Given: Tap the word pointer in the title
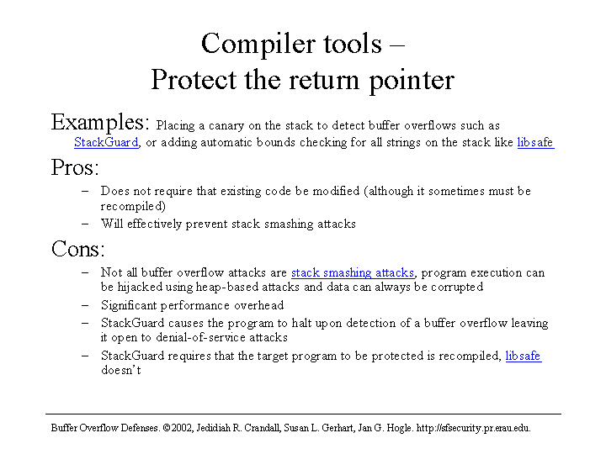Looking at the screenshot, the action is (x=412, y=81).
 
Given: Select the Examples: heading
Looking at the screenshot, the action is (x=100, y=123).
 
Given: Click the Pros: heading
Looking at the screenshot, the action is (x=75, y=168).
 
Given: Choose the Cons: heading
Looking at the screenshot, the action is (x=78, y=249).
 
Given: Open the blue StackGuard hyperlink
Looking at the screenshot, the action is (x=106, y=142).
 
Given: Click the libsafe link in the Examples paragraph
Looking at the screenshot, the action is (x=535, y=142).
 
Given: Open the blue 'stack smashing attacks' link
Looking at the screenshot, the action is (x=353, y=272).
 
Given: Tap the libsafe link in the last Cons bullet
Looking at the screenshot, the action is (x=524, y=356).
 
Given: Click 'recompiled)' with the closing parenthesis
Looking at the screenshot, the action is (x=133, y=206).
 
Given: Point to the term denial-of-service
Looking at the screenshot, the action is (x=200, y=337).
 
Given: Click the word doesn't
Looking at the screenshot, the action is (x=121, y=370).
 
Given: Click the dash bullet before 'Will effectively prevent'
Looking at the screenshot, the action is (x=85, y=224).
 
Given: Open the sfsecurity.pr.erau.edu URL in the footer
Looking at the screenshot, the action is (x=473, y=428).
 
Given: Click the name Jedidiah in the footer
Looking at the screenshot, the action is (x=213, y=428).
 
